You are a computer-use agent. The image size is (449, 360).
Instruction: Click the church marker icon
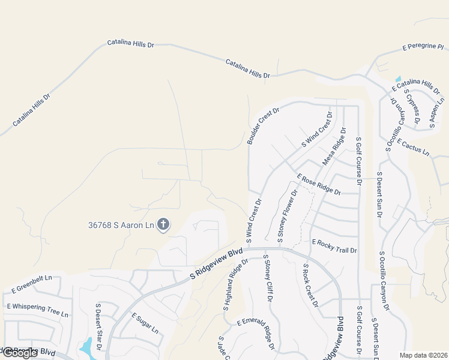click(x=163, y=226)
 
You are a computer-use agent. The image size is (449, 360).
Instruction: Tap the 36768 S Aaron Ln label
click(x=121, y=226)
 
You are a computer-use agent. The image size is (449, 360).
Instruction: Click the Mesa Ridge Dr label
click(x=334, y=146)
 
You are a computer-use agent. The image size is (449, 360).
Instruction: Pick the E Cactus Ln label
click(x=413, y=149)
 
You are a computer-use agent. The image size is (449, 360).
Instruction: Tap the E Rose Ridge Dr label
click(x=319, y=184)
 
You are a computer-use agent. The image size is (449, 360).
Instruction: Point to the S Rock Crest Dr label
click(x=310, y=286)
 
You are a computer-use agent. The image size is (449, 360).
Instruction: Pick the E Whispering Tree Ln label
click(x=37, y=310)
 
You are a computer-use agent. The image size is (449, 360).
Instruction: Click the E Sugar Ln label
click(x=145, y=324)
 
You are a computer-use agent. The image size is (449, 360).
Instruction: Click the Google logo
click(x=20, y=353)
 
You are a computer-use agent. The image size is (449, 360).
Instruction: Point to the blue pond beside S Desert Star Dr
click(x=87, y=346)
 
